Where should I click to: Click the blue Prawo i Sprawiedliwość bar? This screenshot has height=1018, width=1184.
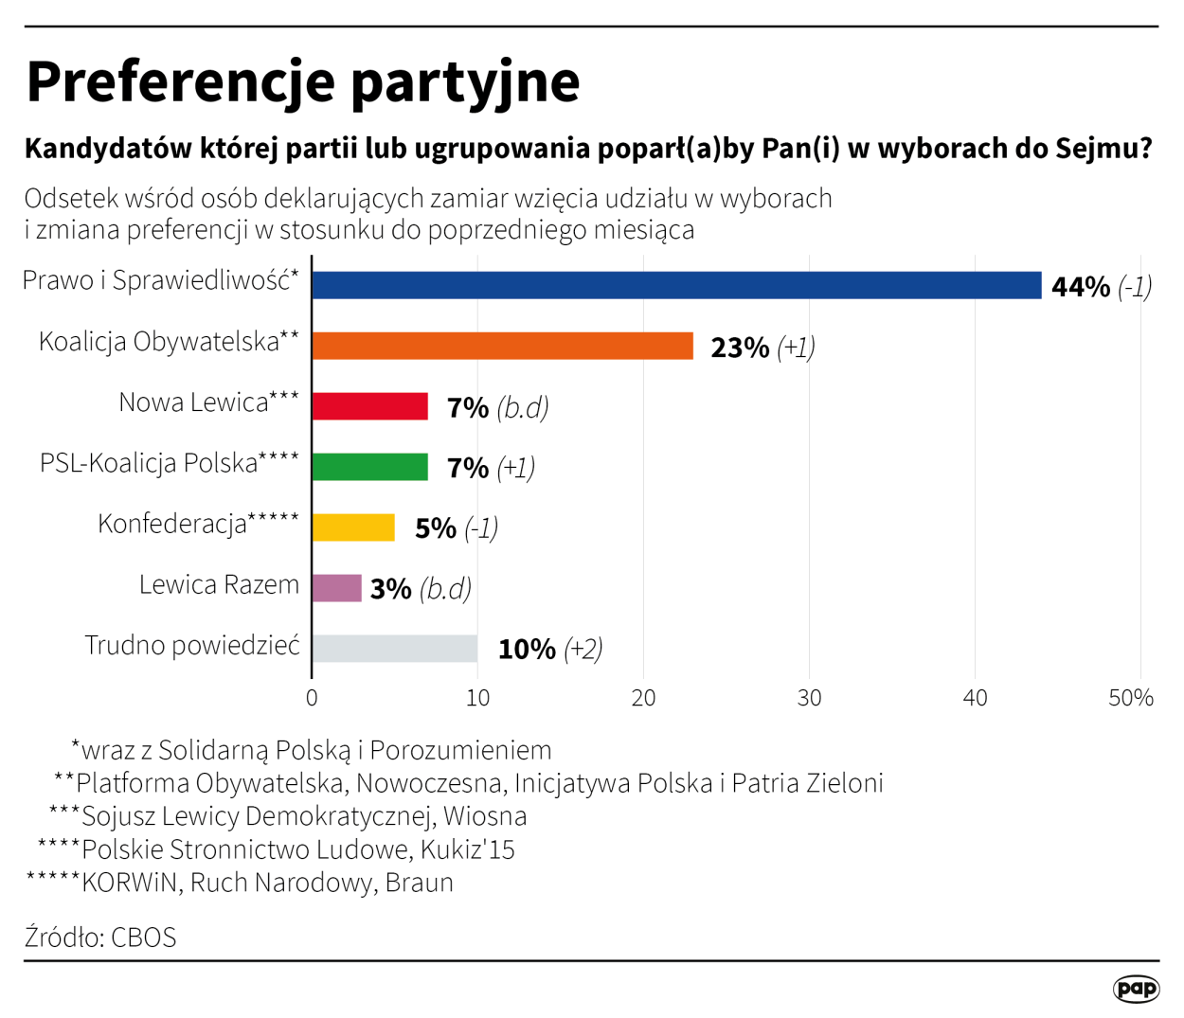coord(676,285)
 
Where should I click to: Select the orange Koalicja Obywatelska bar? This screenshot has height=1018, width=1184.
coord(502,346)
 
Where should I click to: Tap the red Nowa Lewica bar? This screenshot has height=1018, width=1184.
coord(369,406)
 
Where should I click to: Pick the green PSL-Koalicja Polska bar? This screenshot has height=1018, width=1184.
coord(369,467)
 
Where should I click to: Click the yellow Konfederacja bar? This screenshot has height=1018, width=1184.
coord(353,527)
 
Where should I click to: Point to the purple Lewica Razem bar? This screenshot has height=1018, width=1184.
coord(336,588)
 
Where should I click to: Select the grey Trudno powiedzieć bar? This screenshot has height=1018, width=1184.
coord(394,649)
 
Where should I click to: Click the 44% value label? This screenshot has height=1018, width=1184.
coord(1080,287)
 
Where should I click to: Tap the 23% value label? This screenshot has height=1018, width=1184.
coord(740,348)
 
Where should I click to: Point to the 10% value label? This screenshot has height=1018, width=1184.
coord(527,650)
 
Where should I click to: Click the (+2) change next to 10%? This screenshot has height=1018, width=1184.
coord(583,650)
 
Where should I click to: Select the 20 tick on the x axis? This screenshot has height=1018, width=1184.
coord(643,699)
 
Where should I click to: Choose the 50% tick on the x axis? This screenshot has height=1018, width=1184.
coord(1131,699)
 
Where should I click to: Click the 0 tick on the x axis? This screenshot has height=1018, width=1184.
coord(312,699)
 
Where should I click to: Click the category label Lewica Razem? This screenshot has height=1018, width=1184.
coord(219,584)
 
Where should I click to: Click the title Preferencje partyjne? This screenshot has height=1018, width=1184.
coord(303,81)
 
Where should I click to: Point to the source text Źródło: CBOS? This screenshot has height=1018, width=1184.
coord(100,938)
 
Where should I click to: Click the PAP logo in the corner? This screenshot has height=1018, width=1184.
coord(1136,989)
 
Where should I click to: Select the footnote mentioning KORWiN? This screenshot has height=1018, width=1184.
coord(241,883)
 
